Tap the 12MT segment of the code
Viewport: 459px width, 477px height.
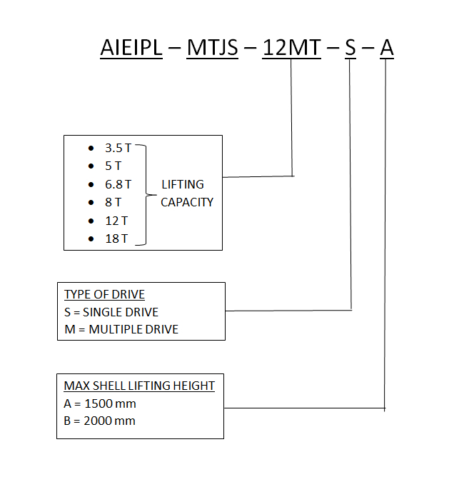291,48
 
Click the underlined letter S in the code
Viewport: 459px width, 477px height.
350,48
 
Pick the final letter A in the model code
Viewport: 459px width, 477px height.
386,48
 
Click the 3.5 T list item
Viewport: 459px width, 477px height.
118,149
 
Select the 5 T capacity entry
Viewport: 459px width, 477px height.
114,166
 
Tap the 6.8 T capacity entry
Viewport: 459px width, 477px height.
118,184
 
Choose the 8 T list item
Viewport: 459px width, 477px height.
114,202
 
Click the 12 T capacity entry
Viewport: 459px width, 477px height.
116,221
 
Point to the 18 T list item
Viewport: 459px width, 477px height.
116,239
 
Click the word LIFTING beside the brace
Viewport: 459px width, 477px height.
183,184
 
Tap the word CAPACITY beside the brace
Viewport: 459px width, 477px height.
187,202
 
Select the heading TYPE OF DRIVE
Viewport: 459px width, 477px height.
105,294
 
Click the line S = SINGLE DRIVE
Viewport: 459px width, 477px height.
111,312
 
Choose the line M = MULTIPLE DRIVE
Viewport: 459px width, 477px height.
121,329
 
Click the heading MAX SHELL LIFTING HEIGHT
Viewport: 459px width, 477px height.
139,386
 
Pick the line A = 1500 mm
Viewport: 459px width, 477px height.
100,403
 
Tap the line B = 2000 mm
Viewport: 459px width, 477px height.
100,421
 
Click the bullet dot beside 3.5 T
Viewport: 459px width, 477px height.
91,149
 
